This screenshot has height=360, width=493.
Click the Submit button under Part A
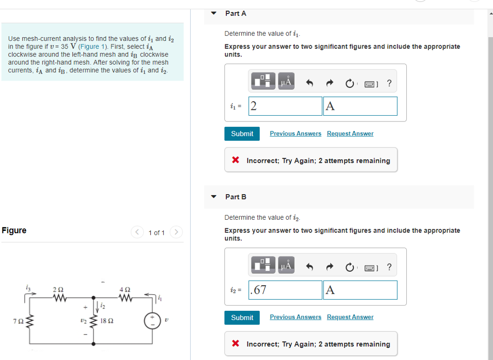tap(242, 133)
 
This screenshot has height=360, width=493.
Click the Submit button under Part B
tap(242, 317)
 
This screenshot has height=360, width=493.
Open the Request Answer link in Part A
tap(350, 133)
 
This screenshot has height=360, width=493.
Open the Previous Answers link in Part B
tap(295, 317)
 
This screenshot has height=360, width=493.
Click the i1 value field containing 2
tap(285, 106)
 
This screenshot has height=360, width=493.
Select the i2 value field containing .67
tap(285, 290)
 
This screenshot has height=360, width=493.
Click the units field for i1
tap(360, 106)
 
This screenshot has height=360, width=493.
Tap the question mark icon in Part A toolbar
tap(389, 83)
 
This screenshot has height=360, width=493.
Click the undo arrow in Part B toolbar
tap(310, 267)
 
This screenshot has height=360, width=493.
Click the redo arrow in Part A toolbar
tap(330, 83)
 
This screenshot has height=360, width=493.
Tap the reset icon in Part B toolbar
tap(350, 267)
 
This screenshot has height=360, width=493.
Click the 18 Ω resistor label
tap(107, 320)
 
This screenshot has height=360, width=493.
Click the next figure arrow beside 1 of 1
tap(177, 233)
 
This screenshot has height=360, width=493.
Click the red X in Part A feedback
tap(236, 160)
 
